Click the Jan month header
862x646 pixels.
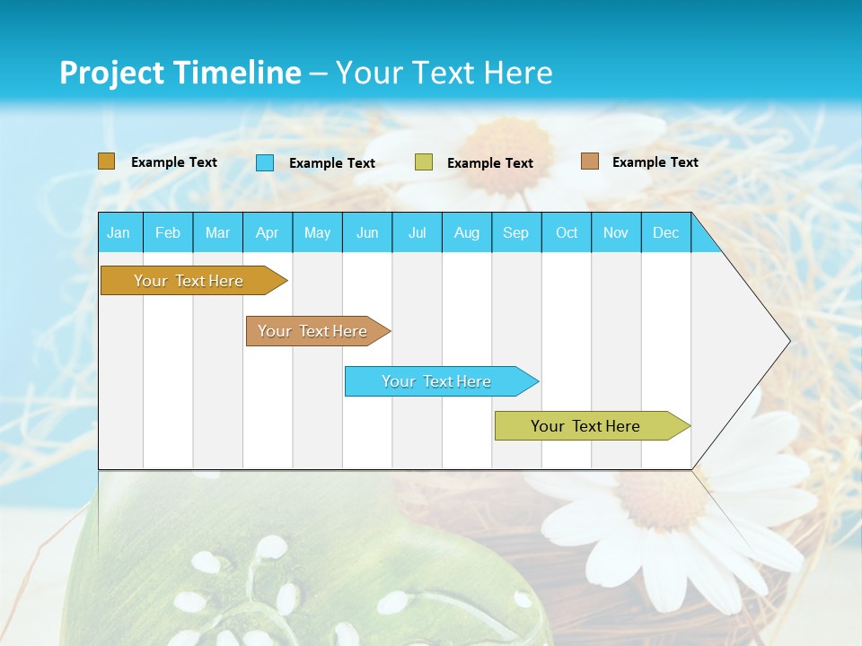point(119,232)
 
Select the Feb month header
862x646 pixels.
point(168,232)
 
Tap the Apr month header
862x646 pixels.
point(267,232)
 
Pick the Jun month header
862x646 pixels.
point(367,232)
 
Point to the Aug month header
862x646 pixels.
point(467,232)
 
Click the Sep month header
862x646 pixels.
point(515,232)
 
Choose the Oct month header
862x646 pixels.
point(567,232)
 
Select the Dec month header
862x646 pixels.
point(666,232)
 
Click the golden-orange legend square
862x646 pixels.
point(107,161)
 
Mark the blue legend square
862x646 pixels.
point(265,162)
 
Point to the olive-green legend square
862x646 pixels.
point(424,162)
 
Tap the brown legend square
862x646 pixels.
point(590,161)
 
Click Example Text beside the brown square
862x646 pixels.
point(655,161)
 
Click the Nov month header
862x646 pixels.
point(616,232)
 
